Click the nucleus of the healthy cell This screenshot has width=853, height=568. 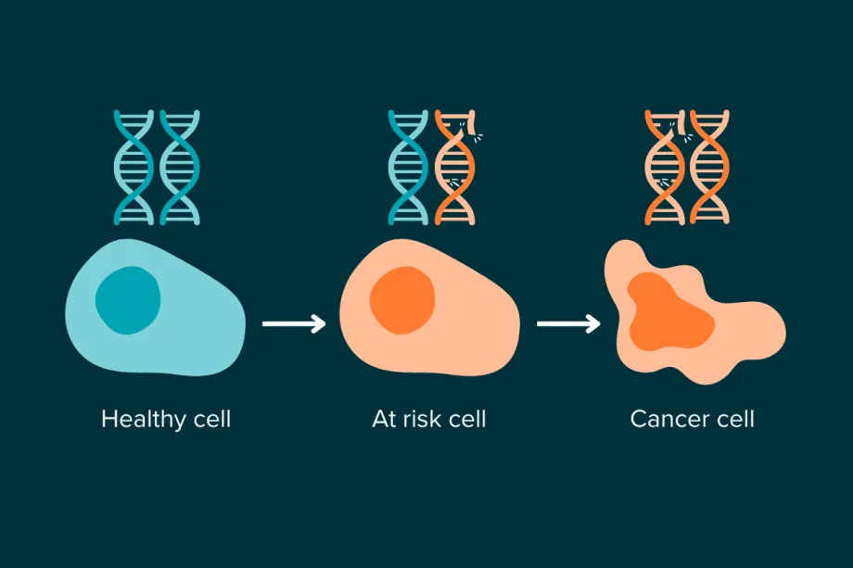click(128, 300)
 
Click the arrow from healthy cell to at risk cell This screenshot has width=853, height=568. click(294, 323)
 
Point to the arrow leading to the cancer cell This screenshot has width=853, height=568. click(568, 323)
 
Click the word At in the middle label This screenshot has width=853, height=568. click(384, 419)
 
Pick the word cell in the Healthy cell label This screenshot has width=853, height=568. click(207, 419)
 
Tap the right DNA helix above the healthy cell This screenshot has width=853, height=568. click(179, 167)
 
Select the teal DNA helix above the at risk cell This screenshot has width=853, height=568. click(408, 167)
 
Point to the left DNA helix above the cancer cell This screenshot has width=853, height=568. click(664, 167)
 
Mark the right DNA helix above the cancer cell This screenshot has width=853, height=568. click(710, 167)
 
